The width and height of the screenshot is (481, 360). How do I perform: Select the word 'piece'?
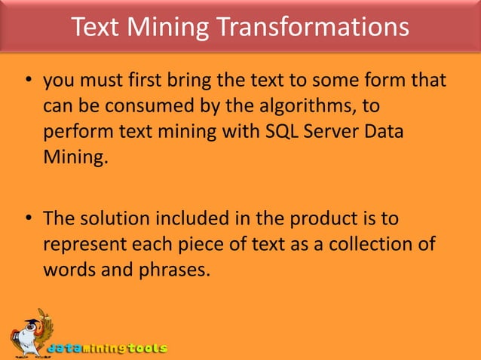[200, 246]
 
